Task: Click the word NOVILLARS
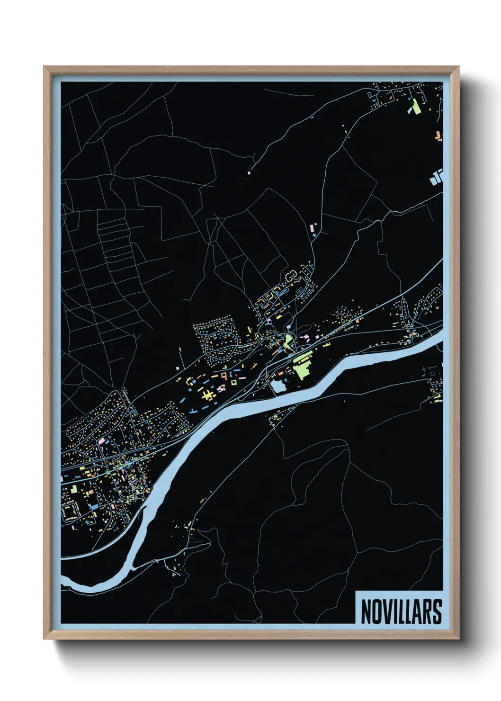[401, 611]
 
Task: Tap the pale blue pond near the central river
[277, 386]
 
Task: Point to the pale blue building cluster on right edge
[437, 177]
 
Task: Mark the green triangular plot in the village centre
[288, 340]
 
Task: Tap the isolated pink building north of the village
[312, 228]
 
